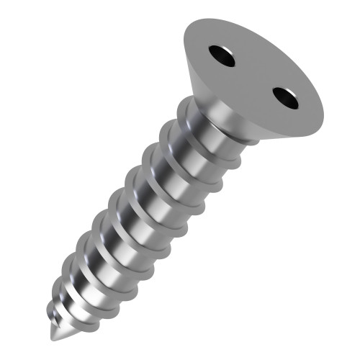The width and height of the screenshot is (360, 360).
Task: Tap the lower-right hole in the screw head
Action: (x=286, y=97)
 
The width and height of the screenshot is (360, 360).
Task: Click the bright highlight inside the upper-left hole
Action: (x=217, y=52)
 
